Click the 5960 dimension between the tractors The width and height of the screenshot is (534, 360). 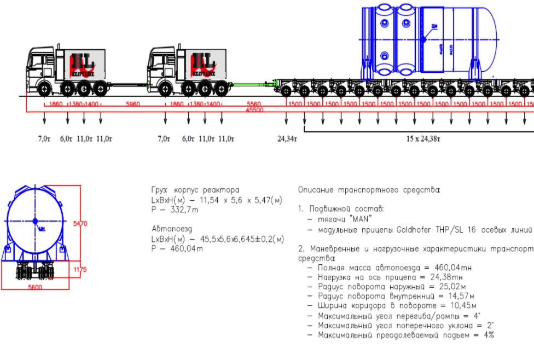(133, 104)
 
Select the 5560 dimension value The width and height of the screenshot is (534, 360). (254, 104)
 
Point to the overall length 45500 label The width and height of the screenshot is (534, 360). (255, 110)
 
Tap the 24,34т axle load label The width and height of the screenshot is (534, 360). (287, 138)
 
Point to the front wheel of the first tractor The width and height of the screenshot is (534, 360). (44, 89)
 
